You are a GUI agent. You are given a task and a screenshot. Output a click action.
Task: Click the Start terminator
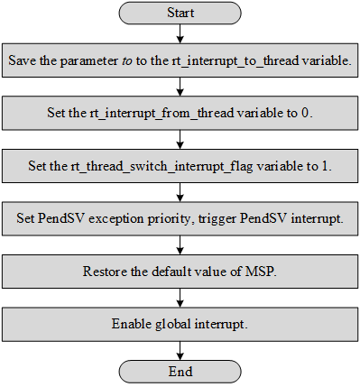coord(180,14)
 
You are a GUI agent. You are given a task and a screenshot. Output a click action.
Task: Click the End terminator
coord(180,370)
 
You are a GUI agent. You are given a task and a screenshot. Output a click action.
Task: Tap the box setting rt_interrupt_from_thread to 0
coord(180,114)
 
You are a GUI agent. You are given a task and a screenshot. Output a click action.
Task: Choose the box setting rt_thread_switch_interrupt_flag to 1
coord(180,166)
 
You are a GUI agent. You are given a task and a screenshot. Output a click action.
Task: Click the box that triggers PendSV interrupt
coord(180,218)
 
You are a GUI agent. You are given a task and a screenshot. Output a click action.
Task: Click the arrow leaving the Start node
coord(180,34)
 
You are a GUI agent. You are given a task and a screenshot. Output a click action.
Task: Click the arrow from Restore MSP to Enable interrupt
coord(180,297)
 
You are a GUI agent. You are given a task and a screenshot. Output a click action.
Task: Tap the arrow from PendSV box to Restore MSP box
coord(180,244)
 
